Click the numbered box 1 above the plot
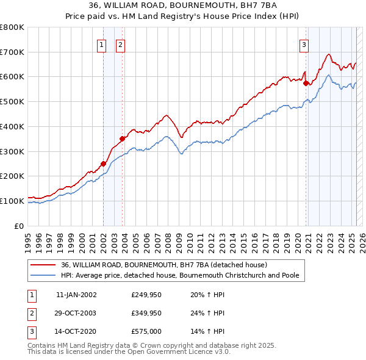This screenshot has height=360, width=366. point(101,44)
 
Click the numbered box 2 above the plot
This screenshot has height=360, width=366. point(121,44)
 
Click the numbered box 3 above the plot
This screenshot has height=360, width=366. point(304,44)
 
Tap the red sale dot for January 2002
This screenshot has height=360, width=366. point(103,163)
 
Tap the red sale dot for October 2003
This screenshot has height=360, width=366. point(123,139)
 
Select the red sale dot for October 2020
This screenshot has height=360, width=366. point(306,84)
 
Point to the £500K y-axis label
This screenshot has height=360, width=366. point(12,101)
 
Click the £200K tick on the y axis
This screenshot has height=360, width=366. point(12,176)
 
